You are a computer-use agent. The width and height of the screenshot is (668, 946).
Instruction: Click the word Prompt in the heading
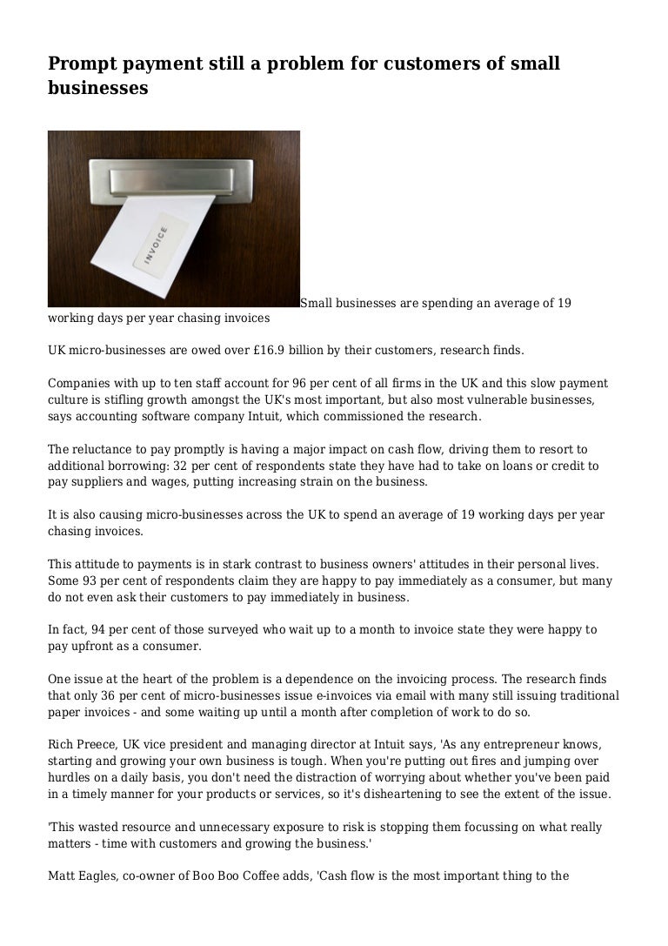coord(81,64)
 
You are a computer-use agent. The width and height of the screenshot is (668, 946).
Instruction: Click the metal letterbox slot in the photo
coord(175,180)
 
